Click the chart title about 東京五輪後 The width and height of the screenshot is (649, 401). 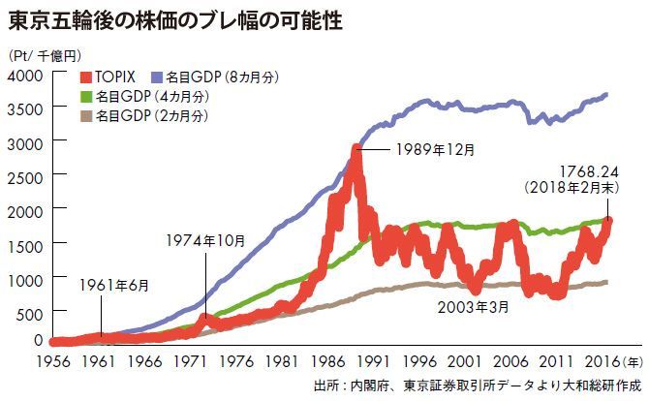point(174,18)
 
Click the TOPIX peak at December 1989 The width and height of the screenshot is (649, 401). point(356,149)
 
